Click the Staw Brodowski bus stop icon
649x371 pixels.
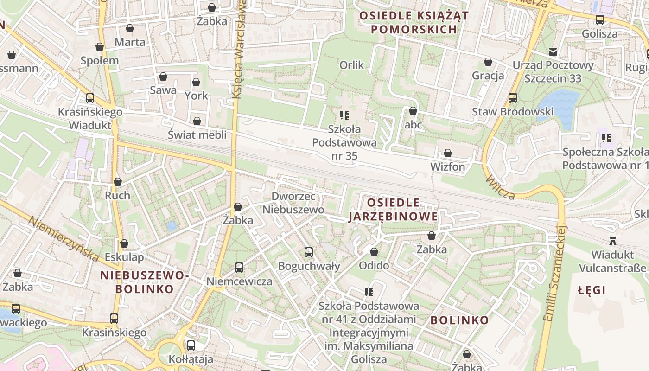(512, 98)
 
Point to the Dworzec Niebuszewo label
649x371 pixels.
(293, 203)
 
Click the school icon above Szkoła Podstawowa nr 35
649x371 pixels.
(344, 115)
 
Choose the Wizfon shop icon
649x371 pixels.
(448, 153)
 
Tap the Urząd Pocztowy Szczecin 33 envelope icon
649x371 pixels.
(553, 51)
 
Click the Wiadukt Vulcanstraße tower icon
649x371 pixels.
(613, 241)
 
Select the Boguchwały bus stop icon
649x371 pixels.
(309, 252)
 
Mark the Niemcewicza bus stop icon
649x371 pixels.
(239, 268)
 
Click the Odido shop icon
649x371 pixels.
(374, 252)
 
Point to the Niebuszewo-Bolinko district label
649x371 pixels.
(144, 282)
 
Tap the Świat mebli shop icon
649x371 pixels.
(197, 121)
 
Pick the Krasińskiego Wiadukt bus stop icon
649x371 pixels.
(90, 98)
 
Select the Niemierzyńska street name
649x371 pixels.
(64, 239)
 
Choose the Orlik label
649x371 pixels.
(352, 64)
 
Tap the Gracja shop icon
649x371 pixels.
(488, 62)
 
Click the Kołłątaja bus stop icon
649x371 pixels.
(191, 345)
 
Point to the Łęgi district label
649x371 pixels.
(592, 290)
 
